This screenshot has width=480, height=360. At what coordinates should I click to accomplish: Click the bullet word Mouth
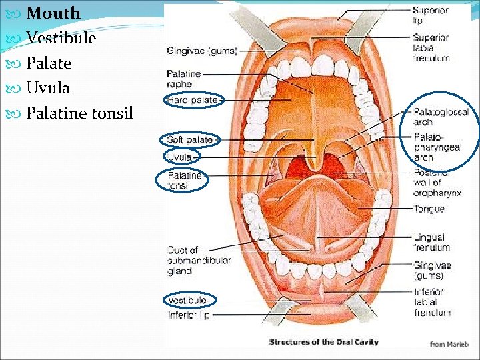[53, 13]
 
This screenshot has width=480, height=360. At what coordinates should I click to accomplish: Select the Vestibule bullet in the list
[61, 38]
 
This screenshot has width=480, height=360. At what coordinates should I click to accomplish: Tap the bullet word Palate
[48, 63]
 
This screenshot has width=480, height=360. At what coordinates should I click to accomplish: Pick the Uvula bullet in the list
[48, 88]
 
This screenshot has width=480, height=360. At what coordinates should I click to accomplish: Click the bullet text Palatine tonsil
[79, 113]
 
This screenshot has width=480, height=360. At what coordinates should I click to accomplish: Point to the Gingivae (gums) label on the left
[202, 51]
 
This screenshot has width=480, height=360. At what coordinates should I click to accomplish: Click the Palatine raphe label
[183, 79]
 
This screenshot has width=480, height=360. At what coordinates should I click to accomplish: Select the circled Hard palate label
[192, 100]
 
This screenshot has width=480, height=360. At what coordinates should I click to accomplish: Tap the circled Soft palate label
[189, 139]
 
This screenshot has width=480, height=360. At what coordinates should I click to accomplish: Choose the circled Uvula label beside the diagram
[179, 157]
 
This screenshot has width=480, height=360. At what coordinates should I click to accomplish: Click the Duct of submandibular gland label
[199, 261]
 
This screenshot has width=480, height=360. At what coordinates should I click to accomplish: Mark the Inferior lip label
[189, 315]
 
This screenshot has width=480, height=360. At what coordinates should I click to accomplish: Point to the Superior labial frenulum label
[431, 48]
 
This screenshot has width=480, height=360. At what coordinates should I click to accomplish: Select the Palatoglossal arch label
[441, 117]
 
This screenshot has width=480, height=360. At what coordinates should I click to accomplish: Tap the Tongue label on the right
[429, 209]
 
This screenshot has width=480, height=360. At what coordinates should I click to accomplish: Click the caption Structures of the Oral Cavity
[323, 342]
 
